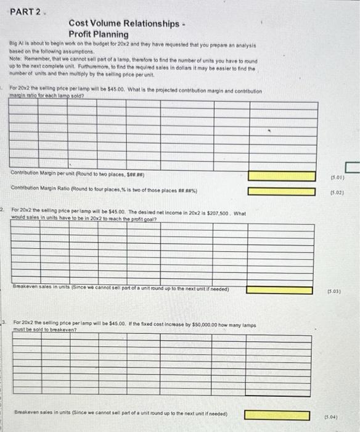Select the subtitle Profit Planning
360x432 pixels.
(x=99, y=34)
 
